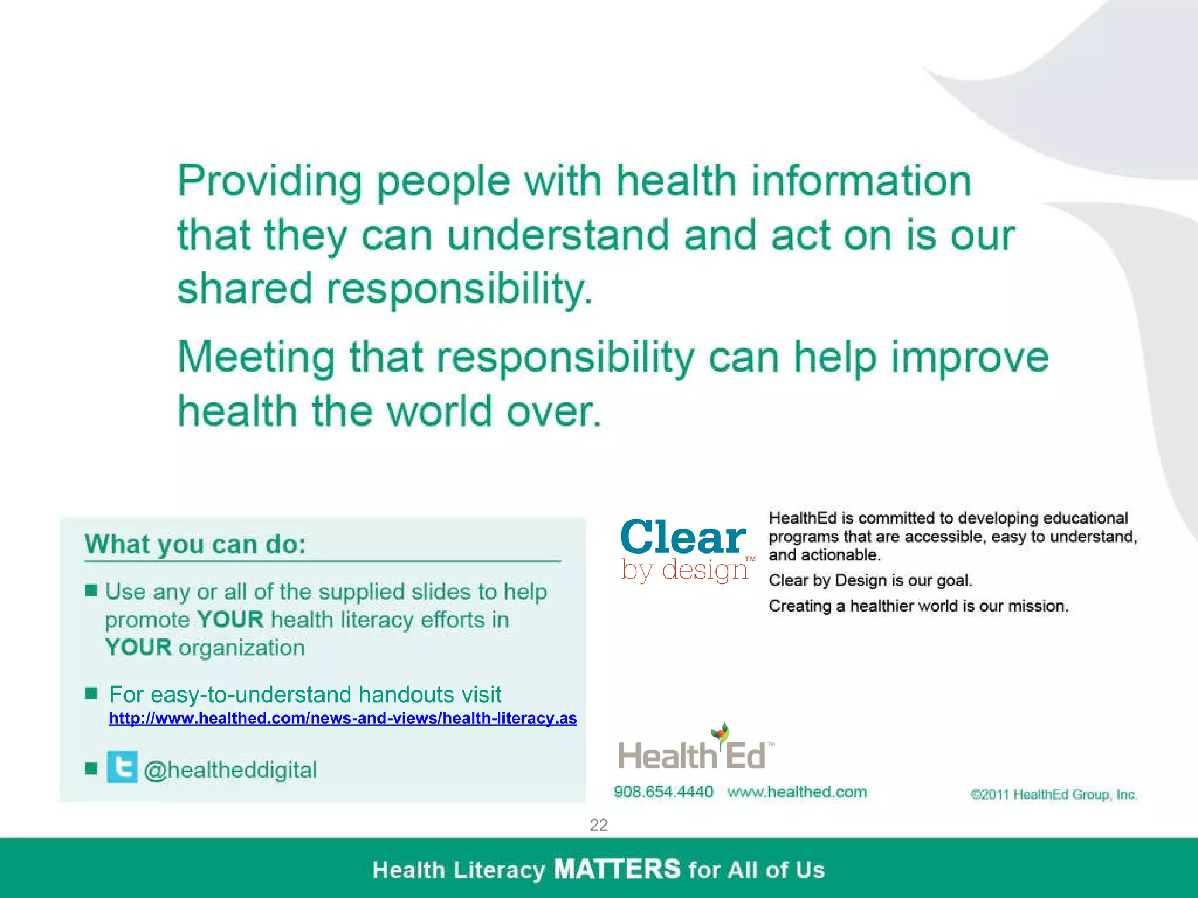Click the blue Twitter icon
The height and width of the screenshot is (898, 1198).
click(122, 767)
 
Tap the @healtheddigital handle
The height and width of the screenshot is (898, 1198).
click(230, 770)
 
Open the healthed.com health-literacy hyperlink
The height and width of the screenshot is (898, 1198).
click(343, 718)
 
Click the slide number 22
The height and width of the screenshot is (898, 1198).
click(598, 825)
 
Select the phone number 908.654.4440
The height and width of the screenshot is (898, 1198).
click(663, 792)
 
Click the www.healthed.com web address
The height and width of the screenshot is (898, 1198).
click(797, 792)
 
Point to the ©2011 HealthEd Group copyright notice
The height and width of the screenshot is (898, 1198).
click(1054, 795)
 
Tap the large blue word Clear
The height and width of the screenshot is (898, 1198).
click(683, 537)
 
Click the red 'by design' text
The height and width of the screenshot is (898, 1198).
click(685, 569)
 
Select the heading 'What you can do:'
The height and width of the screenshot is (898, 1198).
click(195, 544)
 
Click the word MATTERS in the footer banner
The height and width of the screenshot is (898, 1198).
click(617, 869)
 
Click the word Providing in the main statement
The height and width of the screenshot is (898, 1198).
click(270, 181)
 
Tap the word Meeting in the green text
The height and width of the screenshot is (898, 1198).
click(256, 357)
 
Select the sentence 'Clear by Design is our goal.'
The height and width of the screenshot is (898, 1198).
click(870, 581)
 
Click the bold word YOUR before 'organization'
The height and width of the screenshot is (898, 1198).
click(139, 648)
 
